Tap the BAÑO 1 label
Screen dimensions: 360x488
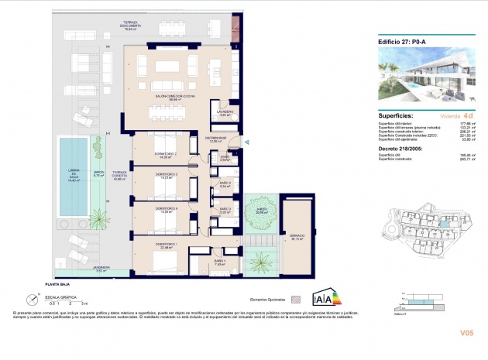tap(219, 262)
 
